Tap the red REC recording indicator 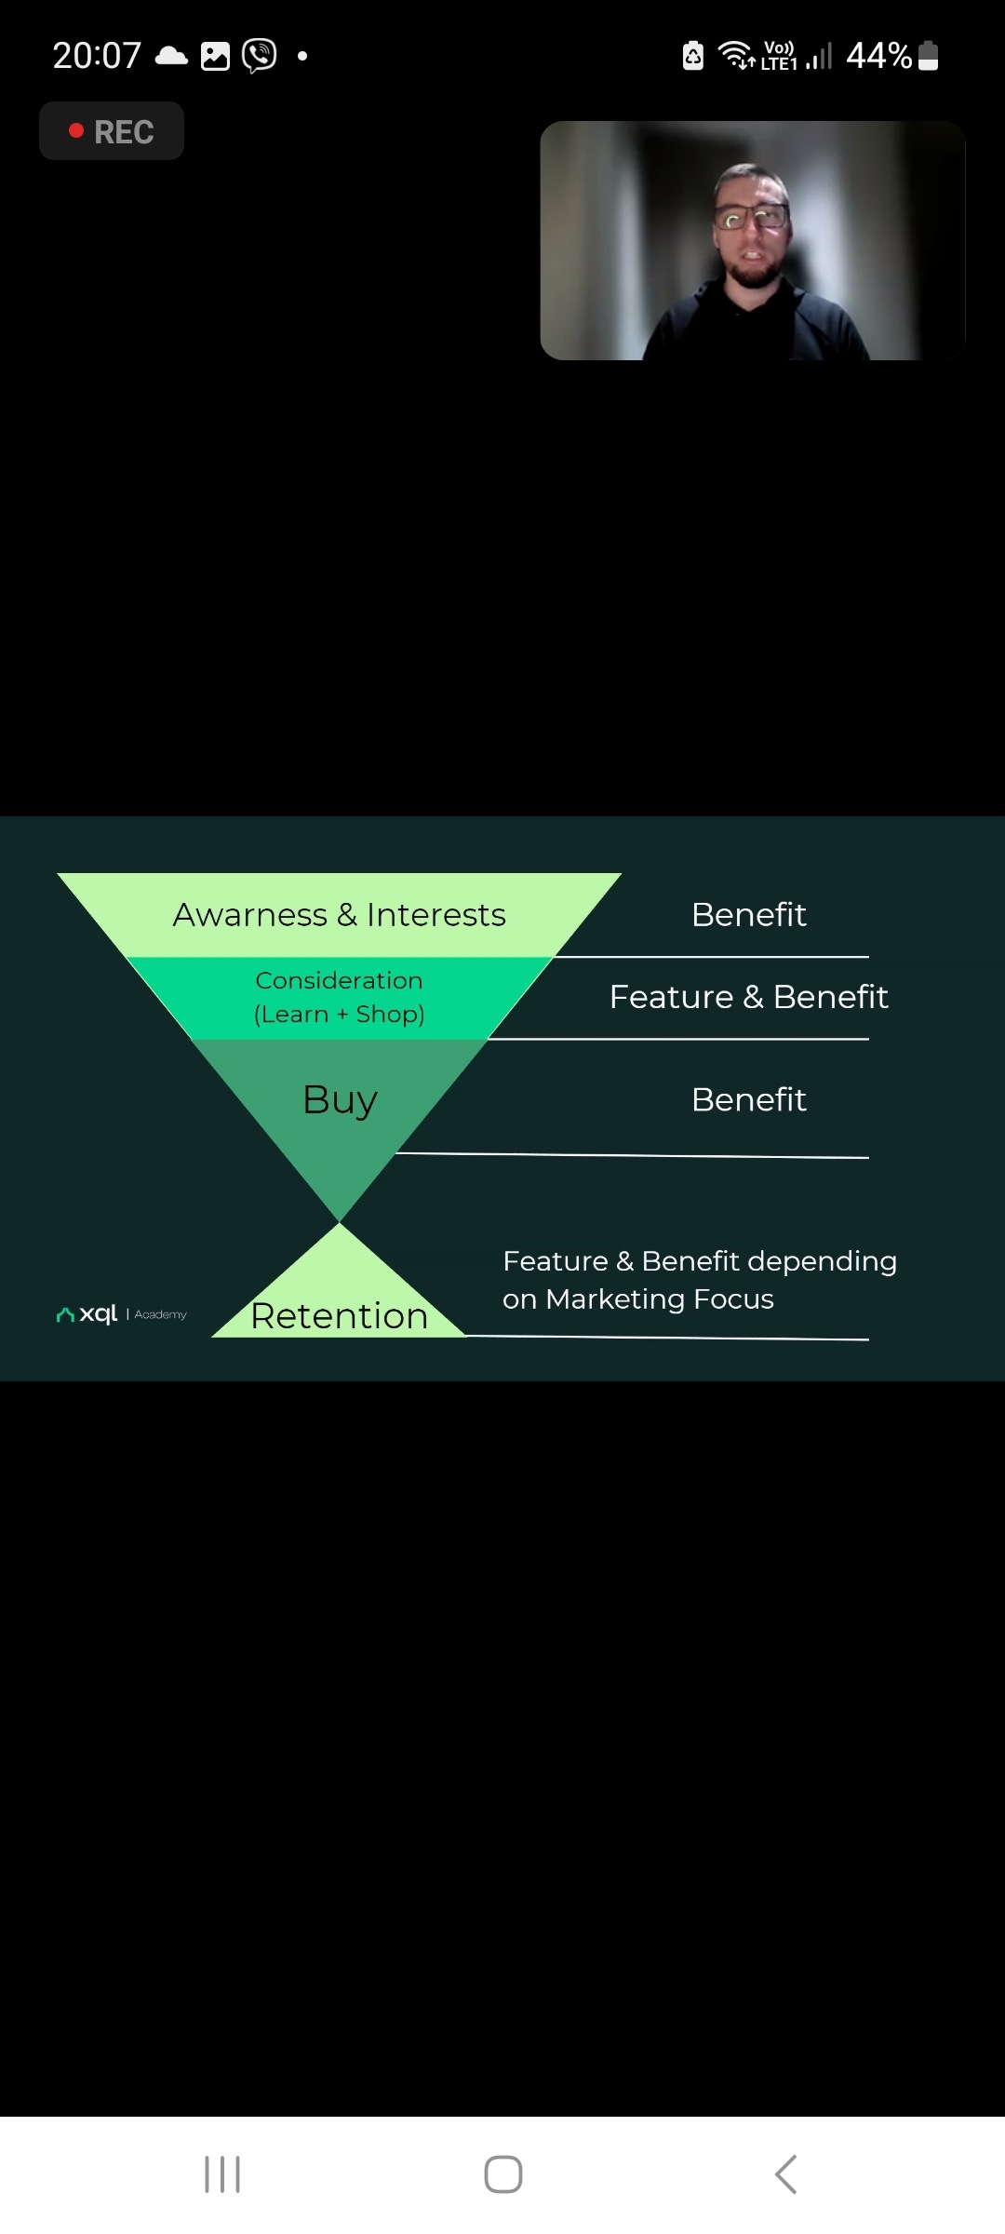tap(112, 131)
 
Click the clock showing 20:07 tap(97, 56)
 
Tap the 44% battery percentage tap(878, 56)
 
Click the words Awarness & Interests tap(339, 915)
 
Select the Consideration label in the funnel tap(339, 980)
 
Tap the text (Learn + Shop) tap(339, 1014)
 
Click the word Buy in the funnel tap(340, 1099)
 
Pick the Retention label tap(339, 1315)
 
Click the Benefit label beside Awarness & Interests tap(748, 915)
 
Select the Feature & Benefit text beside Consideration tap(748, 997)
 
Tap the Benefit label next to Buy tap(748, 1099)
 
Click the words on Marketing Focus tap(638, 1299)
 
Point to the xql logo tap(87, 1314)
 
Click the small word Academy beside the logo tap(160, 1314)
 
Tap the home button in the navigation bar tap(503, 2174)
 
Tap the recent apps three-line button tap(222, 2174)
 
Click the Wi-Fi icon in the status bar tap(737, 56)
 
